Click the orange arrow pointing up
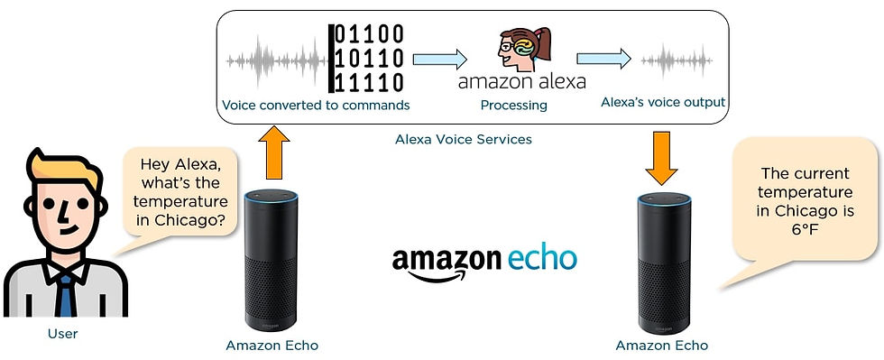click(x=273, y=153)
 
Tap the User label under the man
click(x=62, y=334)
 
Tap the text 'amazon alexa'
click(x=521, y=82)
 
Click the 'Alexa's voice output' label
click(x=663, y=102)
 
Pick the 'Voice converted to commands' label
click(x=316, y=106)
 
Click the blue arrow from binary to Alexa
click(x=440, y=60)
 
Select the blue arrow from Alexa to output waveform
click(x=603, y=59)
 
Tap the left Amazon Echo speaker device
click(x=272, y=262)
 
